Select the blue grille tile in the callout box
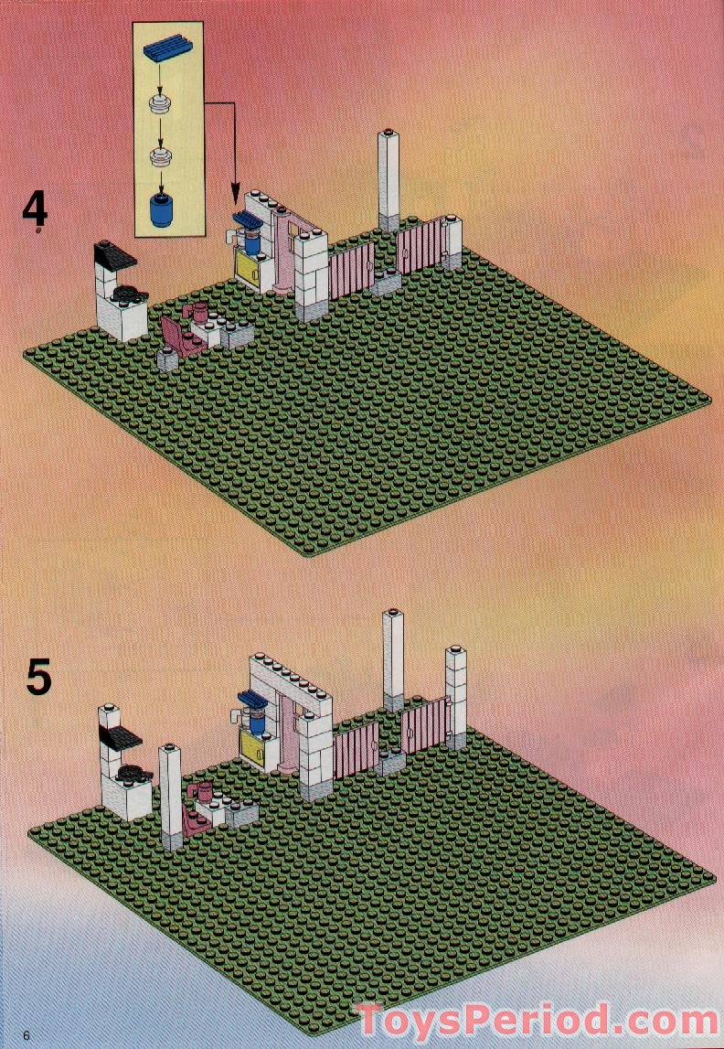tap(166, 58)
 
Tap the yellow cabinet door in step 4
tap(247, 270)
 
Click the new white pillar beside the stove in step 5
tap(171, 796)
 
